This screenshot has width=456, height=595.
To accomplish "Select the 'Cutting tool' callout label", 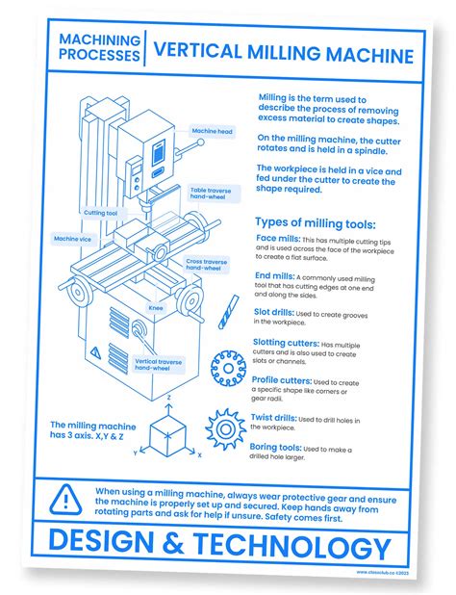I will click(101, 213).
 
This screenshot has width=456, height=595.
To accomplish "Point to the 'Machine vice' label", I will click(73, 238).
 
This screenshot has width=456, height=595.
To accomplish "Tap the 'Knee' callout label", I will click(155, 308).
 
